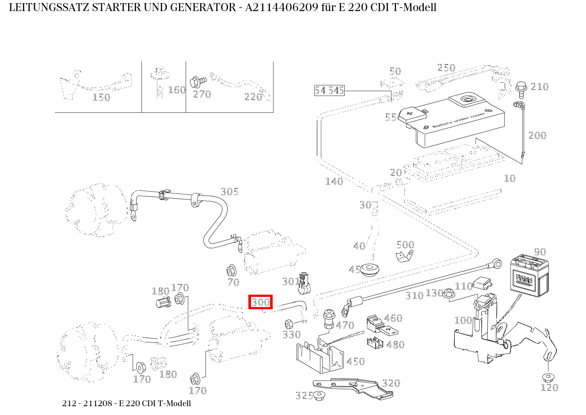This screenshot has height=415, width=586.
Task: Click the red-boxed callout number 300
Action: pyautogui.click(x=260, y=302)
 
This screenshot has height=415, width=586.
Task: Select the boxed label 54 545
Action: pyautogui.click(x=329, y=91)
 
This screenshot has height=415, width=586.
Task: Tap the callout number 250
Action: pyautogui.click(x=446, y=68)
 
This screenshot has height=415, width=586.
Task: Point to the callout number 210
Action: pyautogui.click(x=539, y=87)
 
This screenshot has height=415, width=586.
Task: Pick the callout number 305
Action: pyautogui.click(x=229, y=192)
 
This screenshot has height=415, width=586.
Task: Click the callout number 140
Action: pyautogui.click(x=334, y=181)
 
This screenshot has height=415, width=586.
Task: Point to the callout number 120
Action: pyautogui.click(x=549, y=388)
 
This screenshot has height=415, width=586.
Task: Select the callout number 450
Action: pyautogui.click(x=355, y=361)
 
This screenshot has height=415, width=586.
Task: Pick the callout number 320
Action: pyautogui.click(x=391, y=383)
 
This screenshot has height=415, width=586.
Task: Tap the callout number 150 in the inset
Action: pyautogui.click(x=101, y=97)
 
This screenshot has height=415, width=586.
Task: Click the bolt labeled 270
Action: pyautogui.click(x=198, y=82)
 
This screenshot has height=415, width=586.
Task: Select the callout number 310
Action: pyautogui.click(x=415, y=296)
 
